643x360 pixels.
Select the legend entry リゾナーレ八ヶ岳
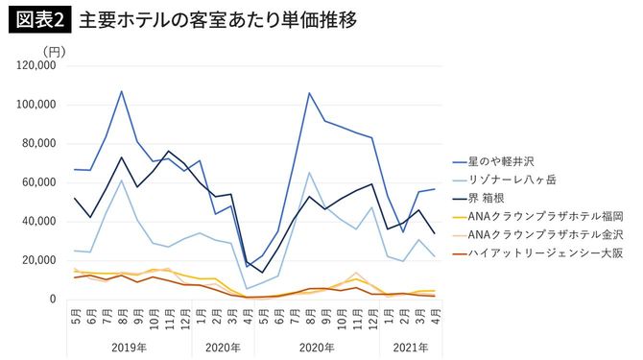(x=508, y=179)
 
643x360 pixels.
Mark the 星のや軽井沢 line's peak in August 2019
(x=122, y=91)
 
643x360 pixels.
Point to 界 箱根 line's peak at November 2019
(x=169, y=152)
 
